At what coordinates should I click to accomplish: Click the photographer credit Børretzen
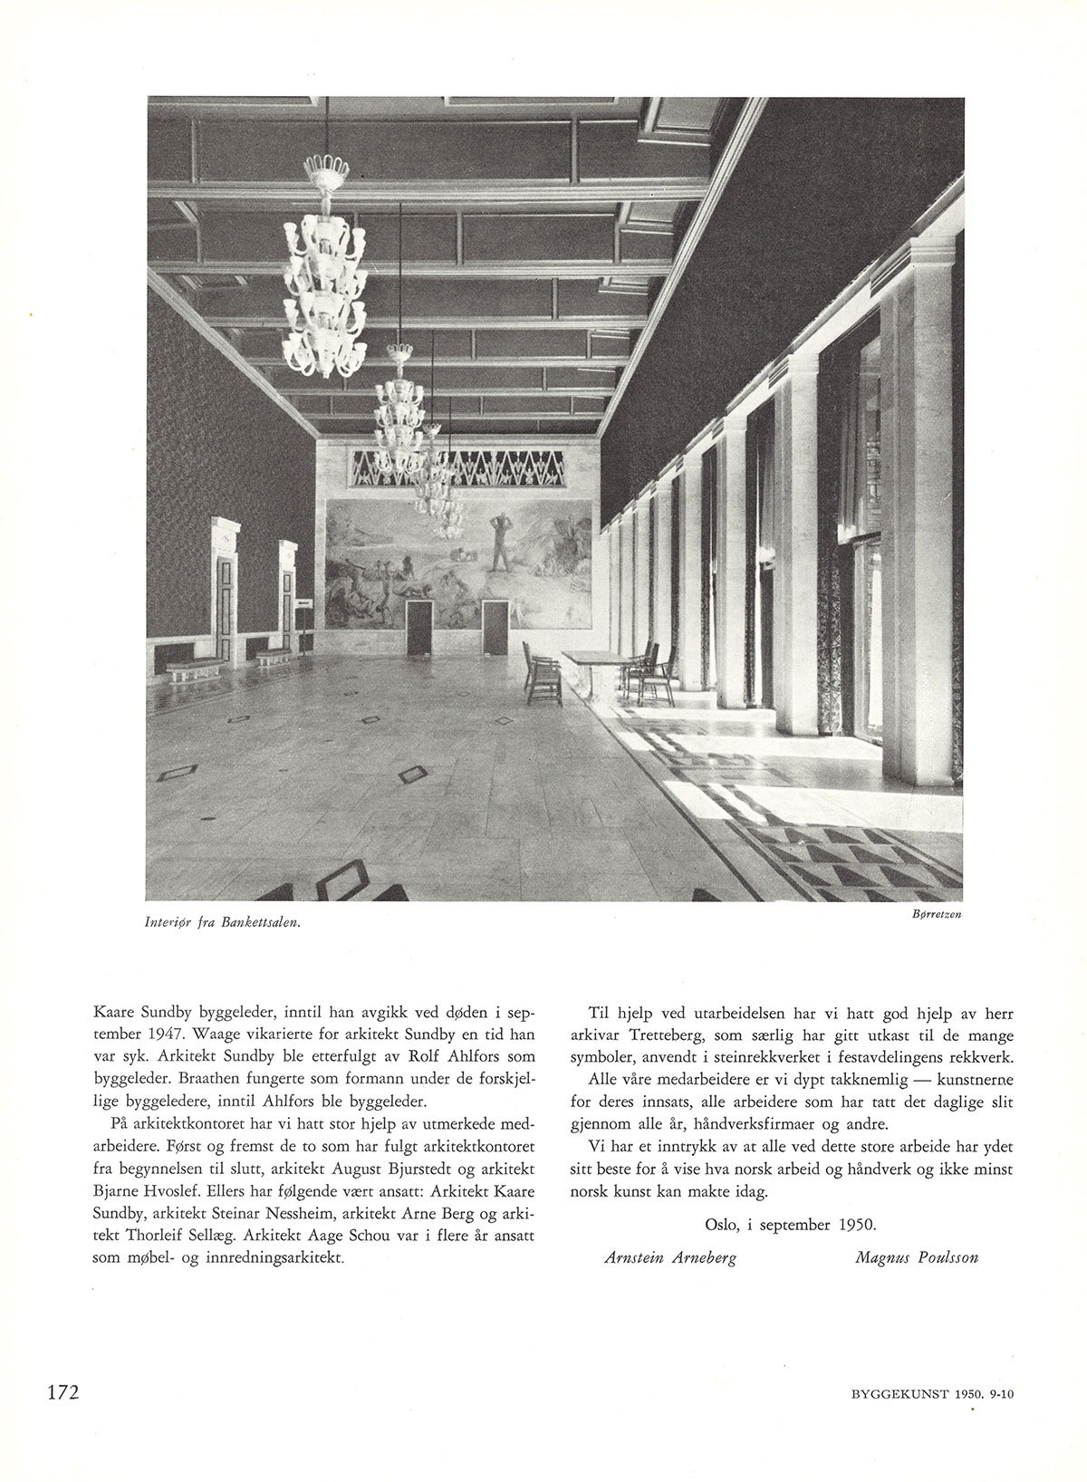(x=931, y=914)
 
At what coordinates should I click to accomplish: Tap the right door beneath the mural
(x=495, y=627)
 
